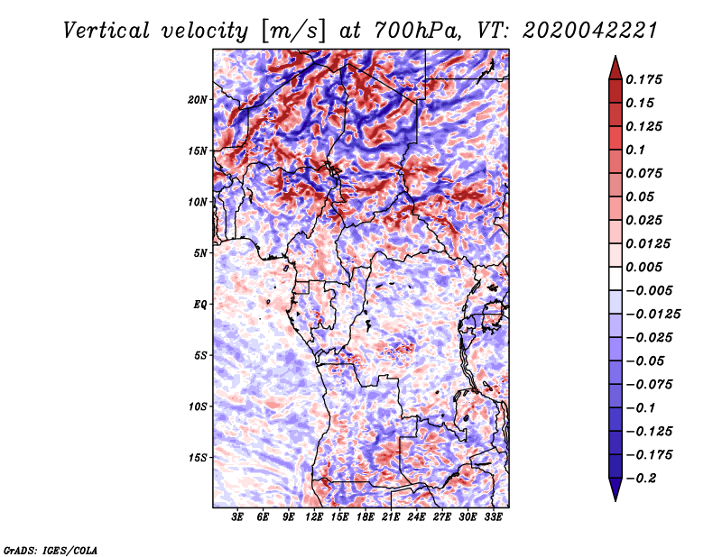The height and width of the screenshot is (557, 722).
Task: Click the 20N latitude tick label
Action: point(198,99)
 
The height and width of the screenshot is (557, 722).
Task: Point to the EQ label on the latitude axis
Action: point(200,304)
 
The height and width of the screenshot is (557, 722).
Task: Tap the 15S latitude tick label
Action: point(198,457)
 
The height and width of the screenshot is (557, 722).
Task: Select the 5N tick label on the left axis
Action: point(200,252)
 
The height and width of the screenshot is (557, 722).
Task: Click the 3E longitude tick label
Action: point(238,517)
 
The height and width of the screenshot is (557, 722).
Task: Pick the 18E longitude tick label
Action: point(366,517)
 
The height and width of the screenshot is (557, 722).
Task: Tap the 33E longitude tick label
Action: point(493,517)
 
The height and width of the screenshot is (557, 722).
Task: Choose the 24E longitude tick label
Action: point(416,517)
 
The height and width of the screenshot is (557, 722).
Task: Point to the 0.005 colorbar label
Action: point(646,267)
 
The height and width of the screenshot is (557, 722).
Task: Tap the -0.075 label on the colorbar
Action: point(650,384)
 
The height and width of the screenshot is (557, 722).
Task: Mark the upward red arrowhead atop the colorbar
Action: point(614,66)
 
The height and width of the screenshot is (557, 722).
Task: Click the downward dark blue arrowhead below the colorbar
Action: point(614,490)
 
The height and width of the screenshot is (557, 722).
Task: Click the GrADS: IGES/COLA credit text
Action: point(50,549)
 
